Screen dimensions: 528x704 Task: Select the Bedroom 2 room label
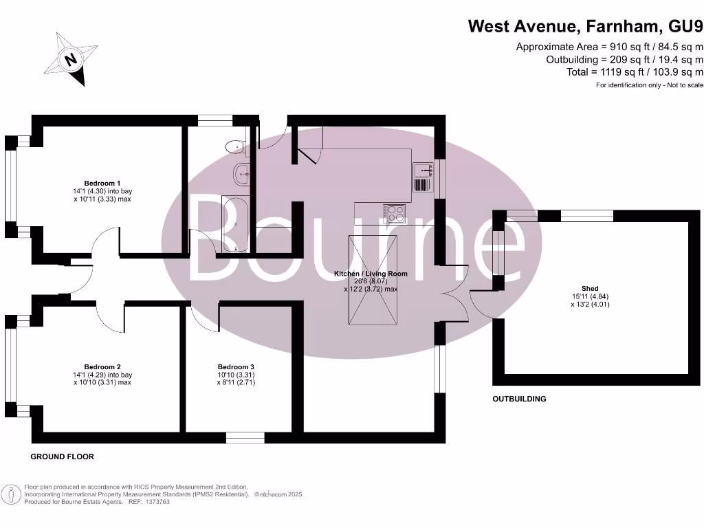(x=102, y=366)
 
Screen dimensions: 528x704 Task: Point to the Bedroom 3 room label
(x=236, y=366)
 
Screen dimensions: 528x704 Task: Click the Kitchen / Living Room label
(x=371, y=274)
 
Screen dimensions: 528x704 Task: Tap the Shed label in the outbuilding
(x=590, y=289)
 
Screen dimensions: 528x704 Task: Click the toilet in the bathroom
(x=236, y=146)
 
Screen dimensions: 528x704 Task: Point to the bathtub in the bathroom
(x=235, y=225)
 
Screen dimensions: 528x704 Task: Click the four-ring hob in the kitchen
(x=395, y=214)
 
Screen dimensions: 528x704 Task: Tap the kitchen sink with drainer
(x=421, y=178)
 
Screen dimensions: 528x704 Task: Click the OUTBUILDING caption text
(x=519, y=399)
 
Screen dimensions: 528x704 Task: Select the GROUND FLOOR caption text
(x=63, y=456)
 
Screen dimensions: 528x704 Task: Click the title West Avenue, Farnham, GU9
(x=586, y=27)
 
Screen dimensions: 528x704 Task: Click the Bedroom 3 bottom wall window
(x=245, y=437)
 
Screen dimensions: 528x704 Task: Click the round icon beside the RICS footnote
(x=10, y=494)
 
